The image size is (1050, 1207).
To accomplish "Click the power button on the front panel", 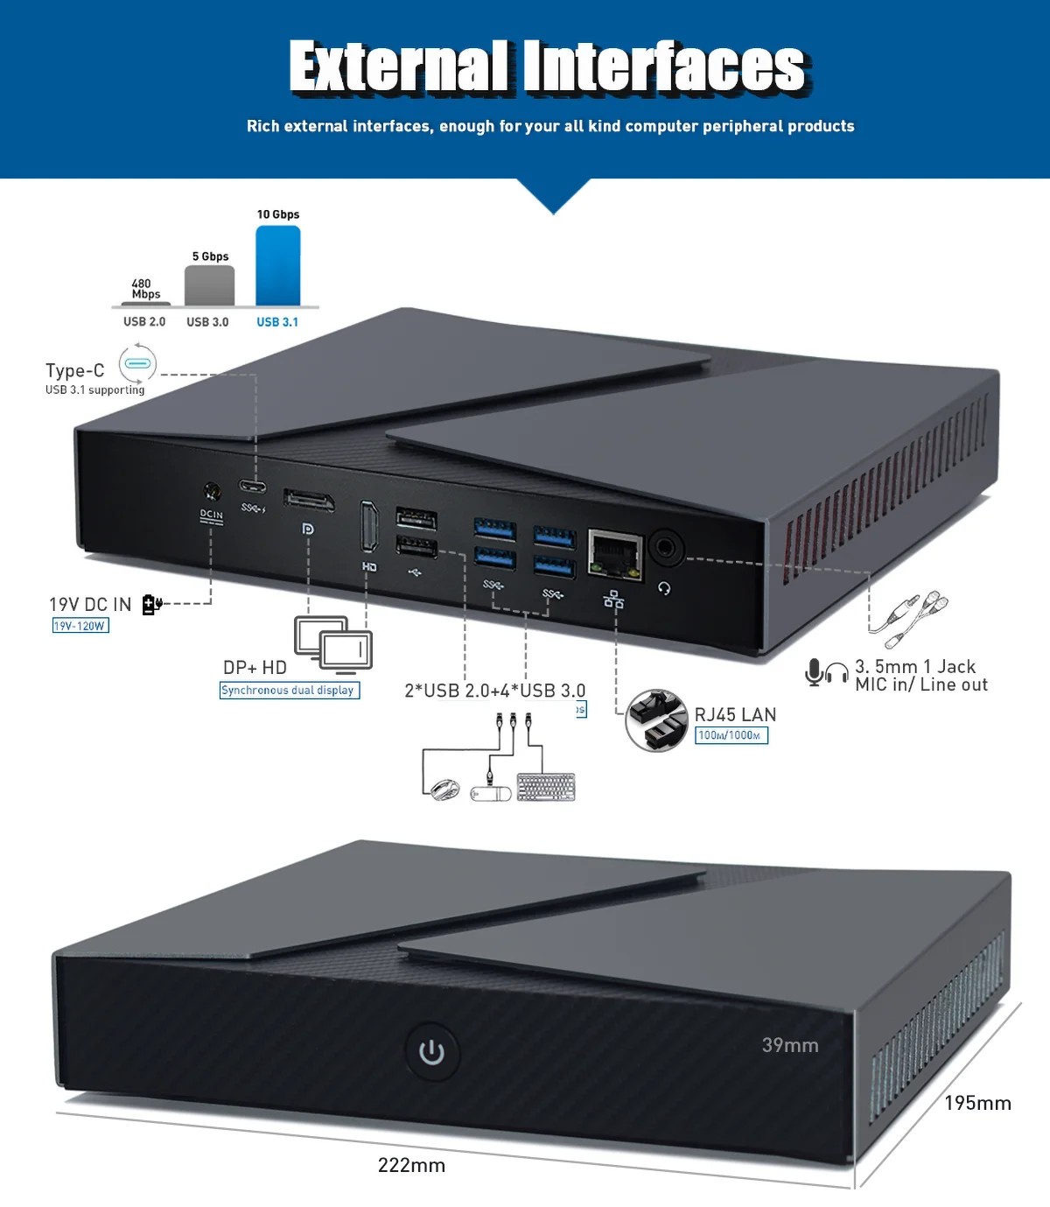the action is click(x=431, y=1051).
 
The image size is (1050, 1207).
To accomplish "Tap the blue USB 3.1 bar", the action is click(x=277, y=266).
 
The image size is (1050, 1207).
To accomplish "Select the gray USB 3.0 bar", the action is click(x=209, y=285).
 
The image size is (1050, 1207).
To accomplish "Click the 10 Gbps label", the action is click(x=278, y=214).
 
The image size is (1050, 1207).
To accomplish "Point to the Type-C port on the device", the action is click(x=254, y=488).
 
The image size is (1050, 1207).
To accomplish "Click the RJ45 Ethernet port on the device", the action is click(x=615, y=554).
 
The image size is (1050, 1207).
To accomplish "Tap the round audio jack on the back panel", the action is click(x=667, y=549).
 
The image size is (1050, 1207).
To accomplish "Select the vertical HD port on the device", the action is click(x=369, y=526).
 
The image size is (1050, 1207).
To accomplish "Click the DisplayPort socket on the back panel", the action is click(x=309, y=502).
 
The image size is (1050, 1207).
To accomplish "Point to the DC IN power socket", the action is click(x=211, y=491).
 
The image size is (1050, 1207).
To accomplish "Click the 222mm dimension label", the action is click(x=411, y=1165).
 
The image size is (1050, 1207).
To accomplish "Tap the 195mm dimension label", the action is click(x=977, y=1103).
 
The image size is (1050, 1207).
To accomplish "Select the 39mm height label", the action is click(x=790, y=1045).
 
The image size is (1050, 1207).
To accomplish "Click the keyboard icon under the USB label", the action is click(x=546, y=787).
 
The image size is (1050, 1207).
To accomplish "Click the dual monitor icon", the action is click(x=333, y=642).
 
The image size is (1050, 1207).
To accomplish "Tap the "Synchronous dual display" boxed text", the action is click(x=289, y=691).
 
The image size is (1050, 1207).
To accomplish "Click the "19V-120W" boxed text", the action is click(x=80, y=626).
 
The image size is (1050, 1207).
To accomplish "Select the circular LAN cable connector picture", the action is click(x=656, y=720).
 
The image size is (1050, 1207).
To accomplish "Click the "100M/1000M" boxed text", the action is click(x=731, y=735).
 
